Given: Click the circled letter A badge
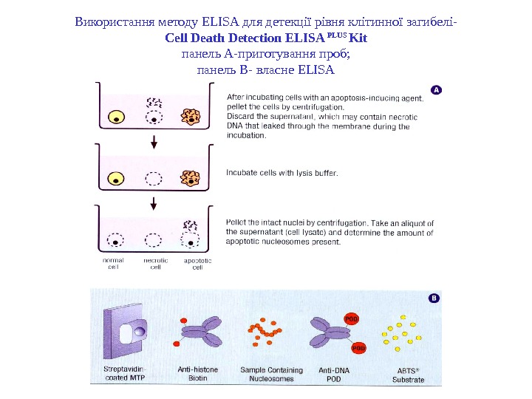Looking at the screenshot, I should (x=436, y=89).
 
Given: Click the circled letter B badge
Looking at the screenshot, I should (x=434, y=298).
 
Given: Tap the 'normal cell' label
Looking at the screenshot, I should (x=114, y=264).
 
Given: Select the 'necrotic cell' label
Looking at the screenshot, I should (x=155, y=264).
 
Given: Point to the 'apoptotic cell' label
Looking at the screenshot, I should (x=197, y=264).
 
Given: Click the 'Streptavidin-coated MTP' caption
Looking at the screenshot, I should (x=125, y=375).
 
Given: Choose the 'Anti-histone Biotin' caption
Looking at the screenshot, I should (x=194, y=375).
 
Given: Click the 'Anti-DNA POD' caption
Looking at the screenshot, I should (x=335, y=375).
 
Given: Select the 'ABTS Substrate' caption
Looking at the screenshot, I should (x=408, y=375).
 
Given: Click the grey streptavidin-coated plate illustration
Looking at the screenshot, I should (x=127, y=332).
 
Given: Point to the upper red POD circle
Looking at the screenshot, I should (x=354, y=318).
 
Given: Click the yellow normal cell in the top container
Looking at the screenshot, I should (x=116, y=117).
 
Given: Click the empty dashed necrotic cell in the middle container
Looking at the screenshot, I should (x=154, y=178).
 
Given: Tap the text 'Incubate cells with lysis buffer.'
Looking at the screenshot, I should (x=282, y=173).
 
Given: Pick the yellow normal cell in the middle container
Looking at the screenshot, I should (x=116, y=178).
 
